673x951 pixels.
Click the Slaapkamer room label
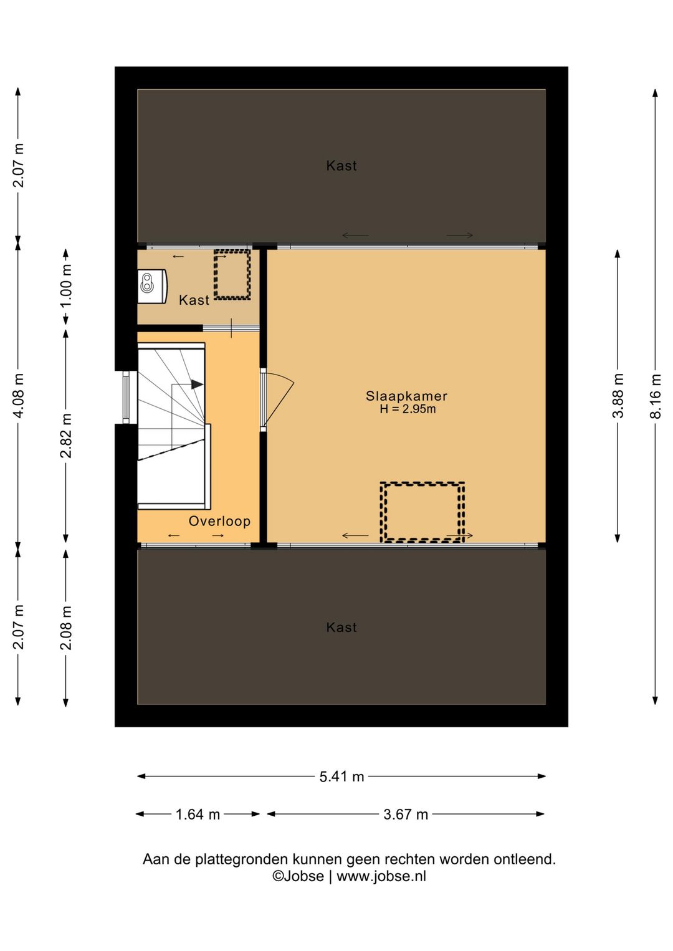tap(406, 396)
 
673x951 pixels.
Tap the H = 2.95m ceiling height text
tap(408, 409)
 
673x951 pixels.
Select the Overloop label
tap(219, 522)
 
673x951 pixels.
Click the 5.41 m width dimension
tap(342, 777)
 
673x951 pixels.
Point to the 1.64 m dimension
tap(198, 815)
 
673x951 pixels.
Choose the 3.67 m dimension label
tap(406, 815)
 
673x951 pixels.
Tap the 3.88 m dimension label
tap(618, 396)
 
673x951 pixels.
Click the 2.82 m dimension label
tap(66, 436)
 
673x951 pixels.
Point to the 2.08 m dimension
tap(66, 628)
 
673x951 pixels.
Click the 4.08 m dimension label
tap(18, 396)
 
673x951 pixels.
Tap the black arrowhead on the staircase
tap(196, 385)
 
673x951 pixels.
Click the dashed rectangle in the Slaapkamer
tap(422, 484)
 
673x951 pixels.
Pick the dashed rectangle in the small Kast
tap(232, 251)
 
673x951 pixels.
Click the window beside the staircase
tap(126, 398)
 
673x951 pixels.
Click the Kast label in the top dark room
tap(341, 166)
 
